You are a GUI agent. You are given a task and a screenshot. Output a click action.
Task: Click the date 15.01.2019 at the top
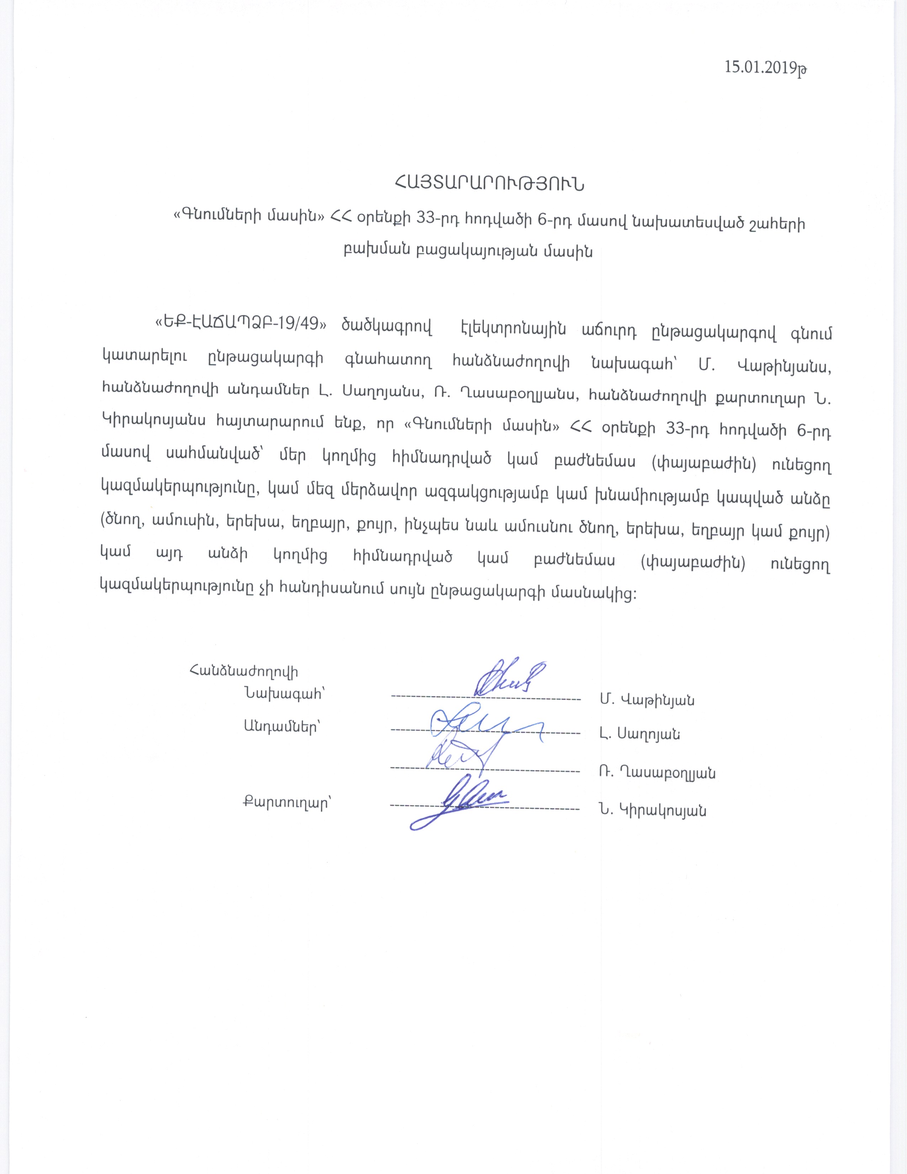(765, 68)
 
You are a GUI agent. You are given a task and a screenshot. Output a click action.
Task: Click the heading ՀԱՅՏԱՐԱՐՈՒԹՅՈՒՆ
(489, 184)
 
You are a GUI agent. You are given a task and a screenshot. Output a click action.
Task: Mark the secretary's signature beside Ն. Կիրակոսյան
(462, 806)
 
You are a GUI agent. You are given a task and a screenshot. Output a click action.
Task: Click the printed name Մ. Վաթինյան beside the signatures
(647, 700)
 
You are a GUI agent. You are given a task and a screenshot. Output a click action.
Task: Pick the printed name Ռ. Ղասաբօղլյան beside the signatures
(658, 773)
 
